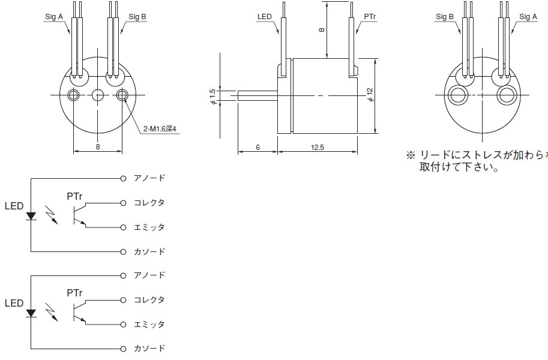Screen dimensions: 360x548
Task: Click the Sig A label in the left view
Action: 54,17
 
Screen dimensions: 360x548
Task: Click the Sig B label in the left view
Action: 137,17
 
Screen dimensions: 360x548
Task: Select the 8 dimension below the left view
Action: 97,146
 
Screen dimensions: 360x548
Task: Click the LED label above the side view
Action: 264,17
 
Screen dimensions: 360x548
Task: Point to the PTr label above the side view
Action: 370,17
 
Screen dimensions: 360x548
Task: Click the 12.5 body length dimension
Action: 318,147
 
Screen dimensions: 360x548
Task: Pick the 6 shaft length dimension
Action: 257,147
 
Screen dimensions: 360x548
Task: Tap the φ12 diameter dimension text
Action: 370,95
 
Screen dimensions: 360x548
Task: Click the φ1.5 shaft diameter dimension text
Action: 212,96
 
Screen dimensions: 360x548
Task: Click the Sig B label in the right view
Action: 445,17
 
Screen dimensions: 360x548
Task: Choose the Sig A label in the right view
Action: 528,17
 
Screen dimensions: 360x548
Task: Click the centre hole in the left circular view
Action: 98,95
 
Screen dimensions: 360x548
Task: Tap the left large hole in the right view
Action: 459,95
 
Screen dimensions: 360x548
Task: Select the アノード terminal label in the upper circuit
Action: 149,178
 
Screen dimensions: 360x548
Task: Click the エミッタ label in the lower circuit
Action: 149,324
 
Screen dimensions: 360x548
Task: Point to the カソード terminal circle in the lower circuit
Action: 123,349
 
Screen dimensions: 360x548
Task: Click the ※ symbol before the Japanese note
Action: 411,155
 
